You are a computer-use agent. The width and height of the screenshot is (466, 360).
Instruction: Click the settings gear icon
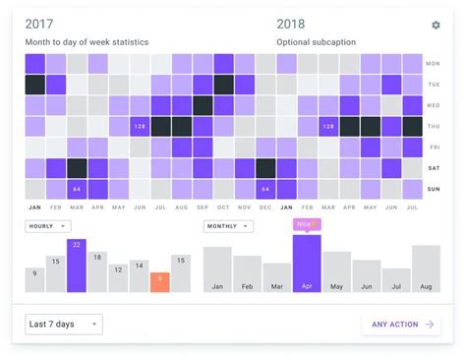click(436, 26)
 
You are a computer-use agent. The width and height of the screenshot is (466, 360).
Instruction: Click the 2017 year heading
click(39, 25)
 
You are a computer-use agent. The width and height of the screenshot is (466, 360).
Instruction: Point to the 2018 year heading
click(291, 25)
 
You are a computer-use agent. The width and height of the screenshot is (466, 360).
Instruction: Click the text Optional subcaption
click(316, 42)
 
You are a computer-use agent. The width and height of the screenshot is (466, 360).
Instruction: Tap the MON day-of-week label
click(433, 64)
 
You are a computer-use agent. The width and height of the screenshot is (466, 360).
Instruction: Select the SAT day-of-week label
click(433, 168)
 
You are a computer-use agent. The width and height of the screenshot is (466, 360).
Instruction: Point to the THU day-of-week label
click(433, 126)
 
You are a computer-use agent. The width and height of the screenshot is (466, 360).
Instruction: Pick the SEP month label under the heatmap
click(203, 208)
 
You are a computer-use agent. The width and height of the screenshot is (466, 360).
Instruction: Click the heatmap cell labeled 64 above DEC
click(264, 189)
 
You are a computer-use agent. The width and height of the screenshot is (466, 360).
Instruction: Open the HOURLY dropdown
click(48, 226)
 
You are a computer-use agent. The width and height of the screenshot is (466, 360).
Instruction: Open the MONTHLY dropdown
click(228, 226)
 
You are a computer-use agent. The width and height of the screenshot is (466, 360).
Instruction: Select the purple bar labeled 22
click(76, 266)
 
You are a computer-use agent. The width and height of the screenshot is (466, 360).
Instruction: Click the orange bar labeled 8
click(159, 282)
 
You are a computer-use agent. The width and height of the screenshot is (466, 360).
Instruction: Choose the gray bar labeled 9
click(34, 280)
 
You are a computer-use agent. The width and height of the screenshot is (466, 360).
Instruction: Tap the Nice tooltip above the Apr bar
click(307, 224)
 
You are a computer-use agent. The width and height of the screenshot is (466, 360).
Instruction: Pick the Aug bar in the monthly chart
click(426, 269)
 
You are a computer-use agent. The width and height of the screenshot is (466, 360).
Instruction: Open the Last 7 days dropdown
click(64, 324)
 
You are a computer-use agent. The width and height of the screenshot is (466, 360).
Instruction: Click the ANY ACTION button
click(401, 324)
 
